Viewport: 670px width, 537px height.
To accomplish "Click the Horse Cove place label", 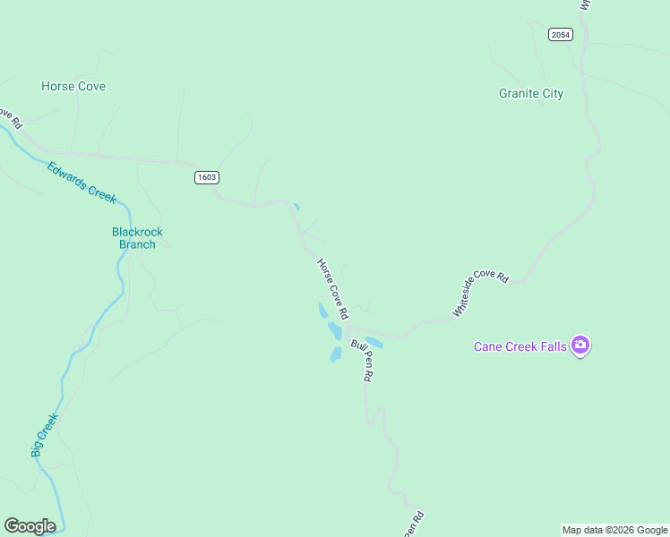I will (x=73, y=87).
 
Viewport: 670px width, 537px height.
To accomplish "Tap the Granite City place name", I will (x=531, y=93).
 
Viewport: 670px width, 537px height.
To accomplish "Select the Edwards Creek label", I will (x=82, y=181).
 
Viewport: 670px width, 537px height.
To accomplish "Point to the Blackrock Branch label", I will (x=137, y=238).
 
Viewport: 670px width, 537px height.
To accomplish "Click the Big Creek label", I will (x=45, y=435).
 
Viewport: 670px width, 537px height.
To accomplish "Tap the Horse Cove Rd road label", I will (x=331, y=289).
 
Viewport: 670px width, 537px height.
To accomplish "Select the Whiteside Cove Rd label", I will (x=480, y=294).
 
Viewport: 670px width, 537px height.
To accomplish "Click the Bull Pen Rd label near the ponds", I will (x=362, y=360).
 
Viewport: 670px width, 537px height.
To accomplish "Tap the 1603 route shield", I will (x=206, y=177).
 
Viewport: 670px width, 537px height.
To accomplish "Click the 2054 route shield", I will (x=561, y=34).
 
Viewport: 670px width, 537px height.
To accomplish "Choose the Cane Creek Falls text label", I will (x=520, y=346).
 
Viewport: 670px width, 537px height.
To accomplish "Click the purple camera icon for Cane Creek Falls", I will (x=580, y=345).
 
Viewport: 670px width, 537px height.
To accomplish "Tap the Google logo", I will (x=30, y=526).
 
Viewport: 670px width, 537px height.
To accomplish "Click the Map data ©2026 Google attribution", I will (x=614, y=530).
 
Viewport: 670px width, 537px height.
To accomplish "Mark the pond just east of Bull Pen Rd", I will (x=374, y=342).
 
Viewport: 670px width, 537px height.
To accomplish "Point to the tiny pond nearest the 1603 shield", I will (x=296, y=207).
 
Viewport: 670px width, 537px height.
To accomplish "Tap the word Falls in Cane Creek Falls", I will (x=553, y=346).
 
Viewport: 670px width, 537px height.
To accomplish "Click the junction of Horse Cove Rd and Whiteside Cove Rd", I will (x=349, y=325).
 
